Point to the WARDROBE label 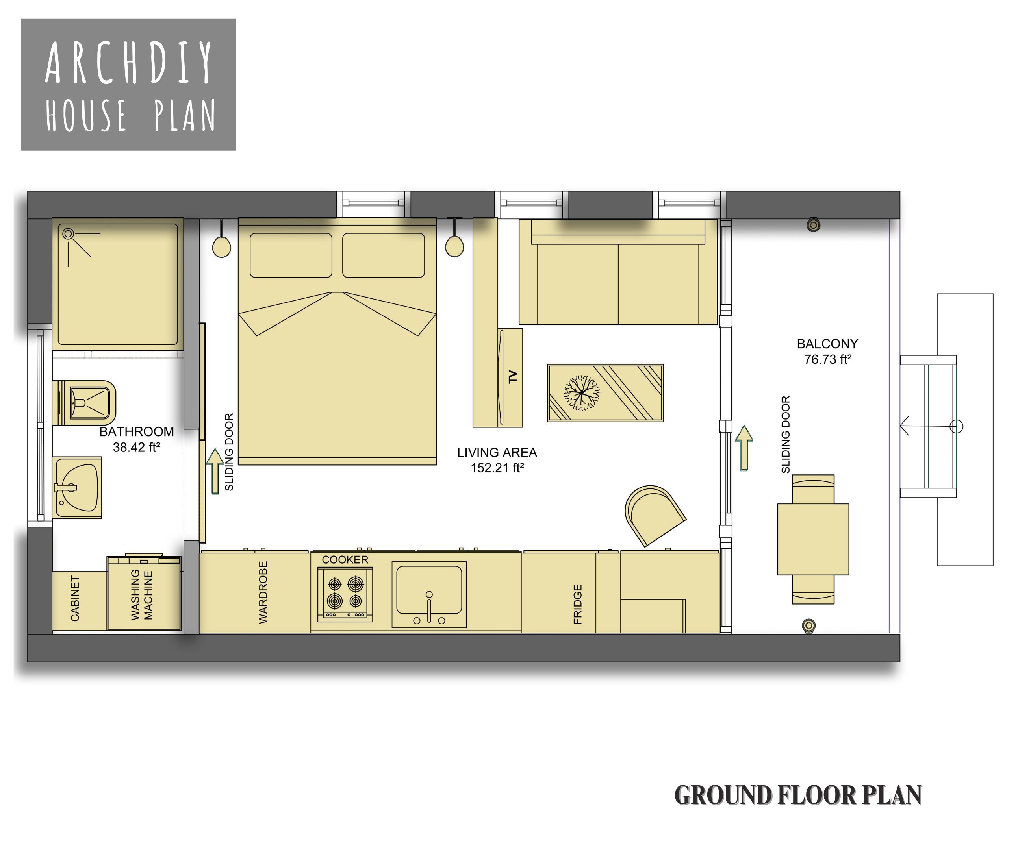(263, 592)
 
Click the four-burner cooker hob (345, 593)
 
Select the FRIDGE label (577, 604)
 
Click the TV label (513, 377)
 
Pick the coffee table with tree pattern (605, 392)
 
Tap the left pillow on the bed (291, 255)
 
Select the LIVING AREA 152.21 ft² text (497, 460)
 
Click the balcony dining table (813, 539)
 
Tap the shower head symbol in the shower (69, 234)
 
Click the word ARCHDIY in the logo (129, 63)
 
